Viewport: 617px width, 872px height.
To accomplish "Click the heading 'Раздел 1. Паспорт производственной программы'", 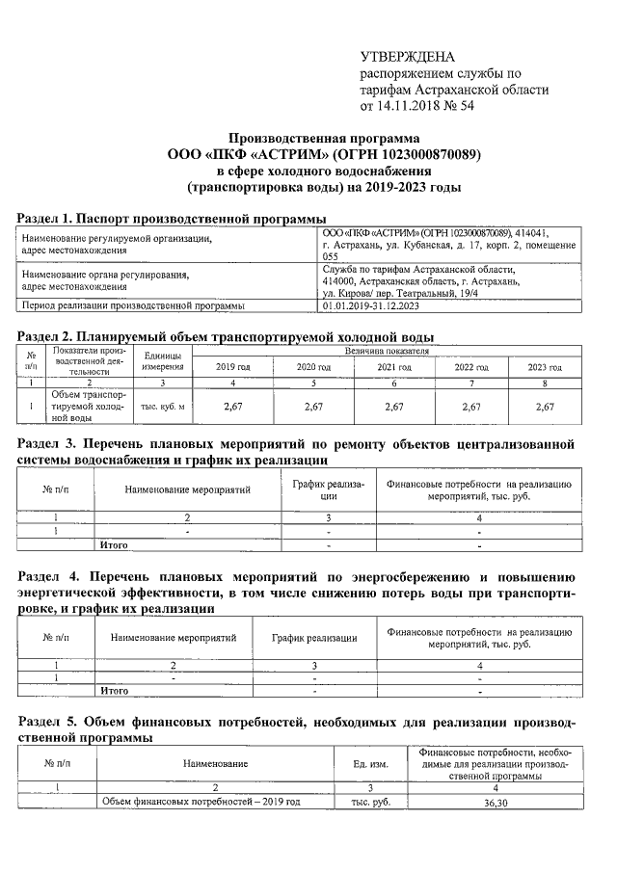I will pyautogui.click(x=173, y=218).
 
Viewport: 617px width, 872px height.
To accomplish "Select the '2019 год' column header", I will pyautogui.click(x=232, y=368).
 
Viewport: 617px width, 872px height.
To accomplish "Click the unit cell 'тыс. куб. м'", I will pyautogui.click(x=162, y=406).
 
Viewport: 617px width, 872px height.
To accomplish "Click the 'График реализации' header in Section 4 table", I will pyautogui.click(x=314, y=638).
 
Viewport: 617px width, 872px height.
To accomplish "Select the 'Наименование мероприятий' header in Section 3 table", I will pyautogui.click(x=187, y=489).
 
